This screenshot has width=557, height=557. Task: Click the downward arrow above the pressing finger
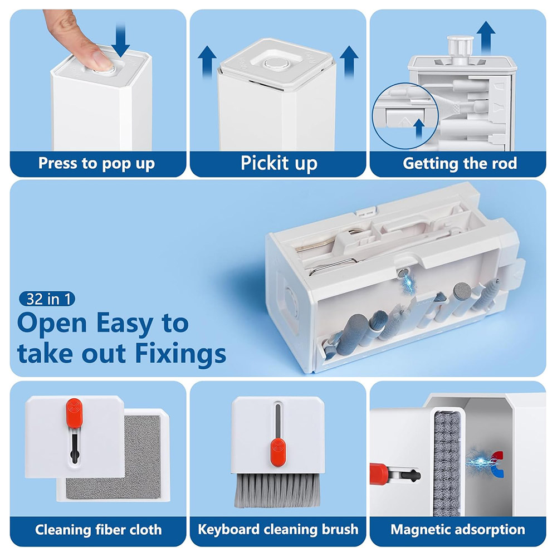[120, 39]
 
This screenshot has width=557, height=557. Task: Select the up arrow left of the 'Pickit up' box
[207, 62]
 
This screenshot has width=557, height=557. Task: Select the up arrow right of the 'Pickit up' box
[349, 62]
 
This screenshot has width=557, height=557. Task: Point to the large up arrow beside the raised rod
[486, 38]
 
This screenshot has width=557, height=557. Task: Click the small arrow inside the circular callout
[419, 129]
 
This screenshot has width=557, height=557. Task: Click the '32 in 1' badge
[47, 299]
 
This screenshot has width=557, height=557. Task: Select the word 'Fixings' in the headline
[180, 354]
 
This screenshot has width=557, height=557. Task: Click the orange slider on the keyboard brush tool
[278, 452]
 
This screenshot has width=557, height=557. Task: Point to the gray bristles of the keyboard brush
[277, 491]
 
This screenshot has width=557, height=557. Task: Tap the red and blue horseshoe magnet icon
[497, 464]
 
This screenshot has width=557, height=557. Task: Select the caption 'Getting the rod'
[460, 163]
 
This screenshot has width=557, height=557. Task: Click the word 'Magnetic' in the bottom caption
[421, 530]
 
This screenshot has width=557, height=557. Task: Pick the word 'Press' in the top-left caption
[58, 163]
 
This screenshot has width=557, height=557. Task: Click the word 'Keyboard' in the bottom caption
[229, 530]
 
